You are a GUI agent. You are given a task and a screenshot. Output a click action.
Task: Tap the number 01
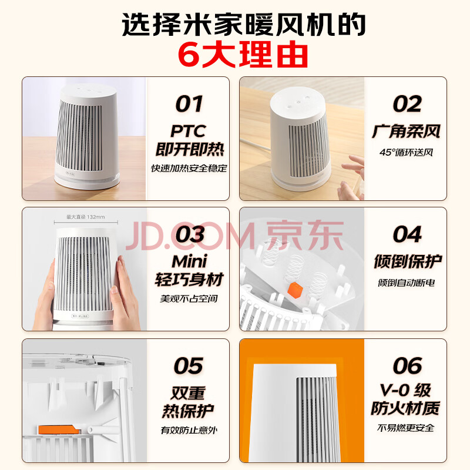pos(189,104)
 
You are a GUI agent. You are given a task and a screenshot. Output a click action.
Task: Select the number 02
pos(407,104)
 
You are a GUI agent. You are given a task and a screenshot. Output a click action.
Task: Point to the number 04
pos(407,234)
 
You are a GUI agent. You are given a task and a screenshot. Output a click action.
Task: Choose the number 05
pos(188,365)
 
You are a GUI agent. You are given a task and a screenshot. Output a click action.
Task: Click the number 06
pos(407,365)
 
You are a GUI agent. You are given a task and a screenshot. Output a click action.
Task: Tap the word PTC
pos(188,131)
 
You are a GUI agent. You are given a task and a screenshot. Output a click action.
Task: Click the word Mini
pos(189,261)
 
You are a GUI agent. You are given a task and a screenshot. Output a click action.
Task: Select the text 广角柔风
pos(406,131)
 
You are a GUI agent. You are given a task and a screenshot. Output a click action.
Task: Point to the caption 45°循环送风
pos(406,152)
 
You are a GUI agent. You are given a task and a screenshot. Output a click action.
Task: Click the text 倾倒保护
pos(408,261)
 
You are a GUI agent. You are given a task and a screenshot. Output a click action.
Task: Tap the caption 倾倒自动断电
pos(406,283)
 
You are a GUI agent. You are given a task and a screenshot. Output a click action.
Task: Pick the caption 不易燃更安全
pos(405,428)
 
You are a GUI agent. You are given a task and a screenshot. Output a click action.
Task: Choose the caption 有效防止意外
pos(189,430)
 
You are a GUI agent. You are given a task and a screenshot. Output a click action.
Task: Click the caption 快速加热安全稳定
pos(189,168)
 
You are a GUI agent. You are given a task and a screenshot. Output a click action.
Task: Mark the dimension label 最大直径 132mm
pos(85,217)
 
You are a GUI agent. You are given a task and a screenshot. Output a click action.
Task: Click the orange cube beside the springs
pos(295,290)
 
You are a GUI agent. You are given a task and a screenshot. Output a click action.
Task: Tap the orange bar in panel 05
pos(59,429)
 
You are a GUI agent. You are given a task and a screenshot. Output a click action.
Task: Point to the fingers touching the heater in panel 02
pos(351,177)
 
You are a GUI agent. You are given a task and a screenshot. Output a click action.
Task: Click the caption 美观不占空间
pos(189,298)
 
